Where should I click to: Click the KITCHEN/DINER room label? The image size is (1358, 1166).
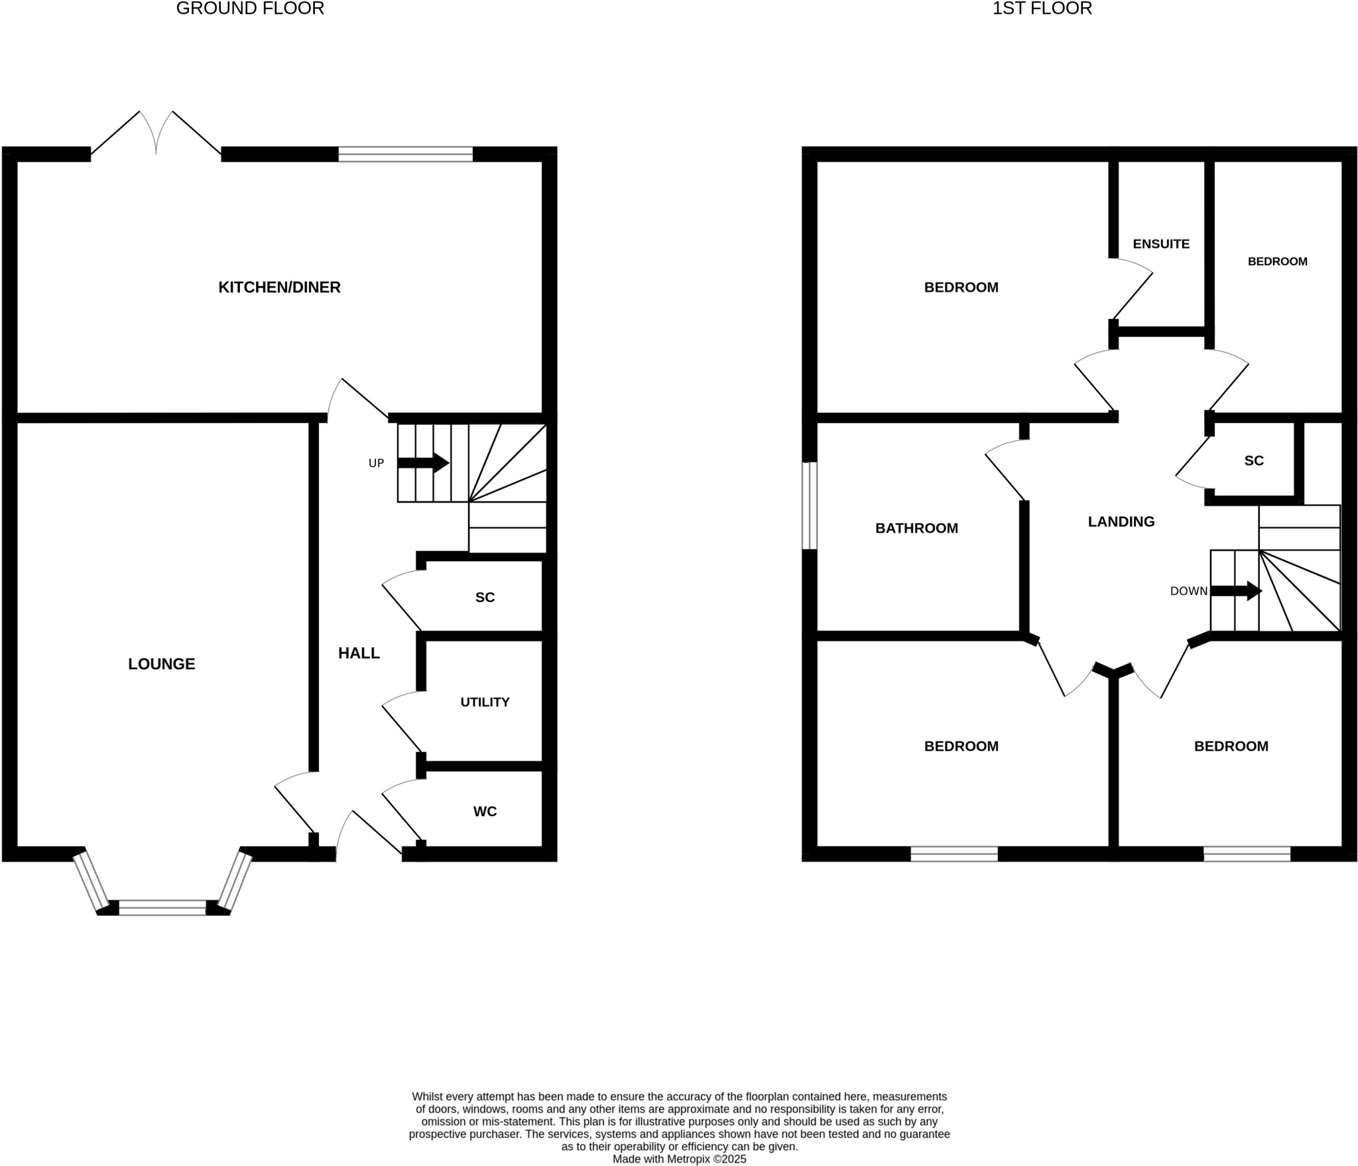click(279, 287)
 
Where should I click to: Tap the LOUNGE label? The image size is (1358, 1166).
click(161, 664)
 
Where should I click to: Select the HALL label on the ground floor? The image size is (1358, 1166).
click(359, 653)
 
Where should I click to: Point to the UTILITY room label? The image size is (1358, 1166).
click(485, 702)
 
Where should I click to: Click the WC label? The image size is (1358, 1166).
click(485, 811)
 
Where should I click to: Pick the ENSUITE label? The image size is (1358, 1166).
click(1161, 244)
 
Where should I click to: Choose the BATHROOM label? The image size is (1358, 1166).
click(916, 529)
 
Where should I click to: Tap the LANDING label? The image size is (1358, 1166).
click(1121, 522)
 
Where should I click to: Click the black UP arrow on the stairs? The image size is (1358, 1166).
click(423, 462)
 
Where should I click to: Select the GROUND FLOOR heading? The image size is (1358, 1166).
click(250, 9)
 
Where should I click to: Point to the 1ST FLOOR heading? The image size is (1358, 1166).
click(1042, 9)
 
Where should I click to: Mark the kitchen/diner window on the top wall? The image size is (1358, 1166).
click(405, 154)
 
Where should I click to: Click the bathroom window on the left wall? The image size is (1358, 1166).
click(809, 506)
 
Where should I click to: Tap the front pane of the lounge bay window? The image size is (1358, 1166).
click(162, 907)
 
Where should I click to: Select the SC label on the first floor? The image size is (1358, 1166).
click(1254, 461)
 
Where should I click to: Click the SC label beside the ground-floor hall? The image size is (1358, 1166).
click(485, 598)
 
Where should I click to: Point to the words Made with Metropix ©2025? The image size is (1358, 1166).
click(679, 1159)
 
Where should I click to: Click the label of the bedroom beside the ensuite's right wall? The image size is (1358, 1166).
click(1277, 261)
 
